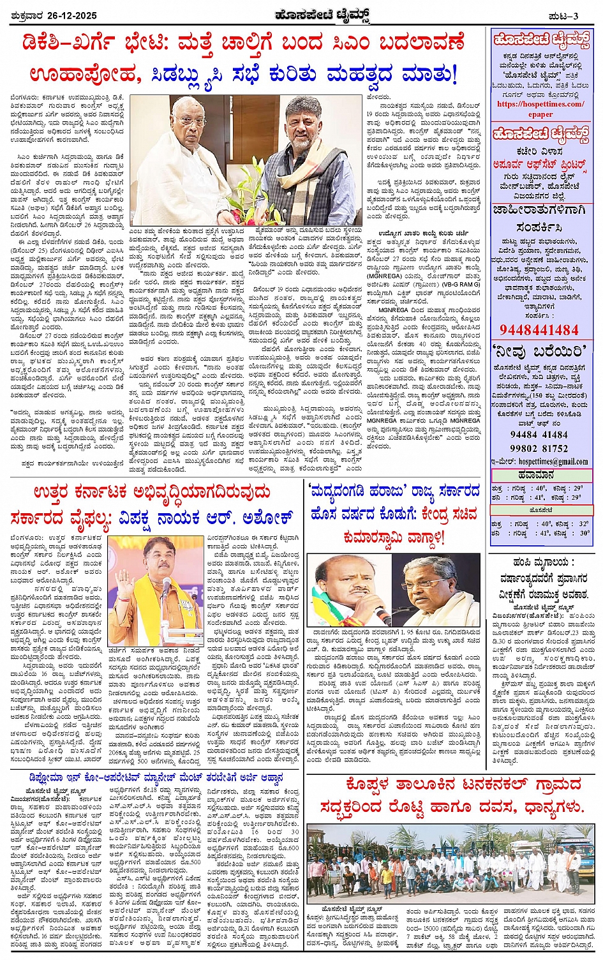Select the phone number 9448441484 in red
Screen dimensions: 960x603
click(x=539, y=329)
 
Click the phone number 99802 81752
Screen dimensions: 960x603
click(x=539, y=448)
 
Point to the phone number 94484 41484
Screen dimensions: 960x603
click(x=539, y=435)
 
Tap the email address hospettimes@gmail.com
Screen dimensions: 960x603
click(x=553, y=461)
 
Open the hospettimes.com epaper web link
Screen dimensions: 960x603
click(x=540, y=109)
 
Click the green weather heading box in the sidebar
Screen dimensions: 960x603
click(x=541, y=476)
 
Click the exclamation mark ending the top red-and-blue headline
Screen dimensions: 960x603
click(x=454, y=76)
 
